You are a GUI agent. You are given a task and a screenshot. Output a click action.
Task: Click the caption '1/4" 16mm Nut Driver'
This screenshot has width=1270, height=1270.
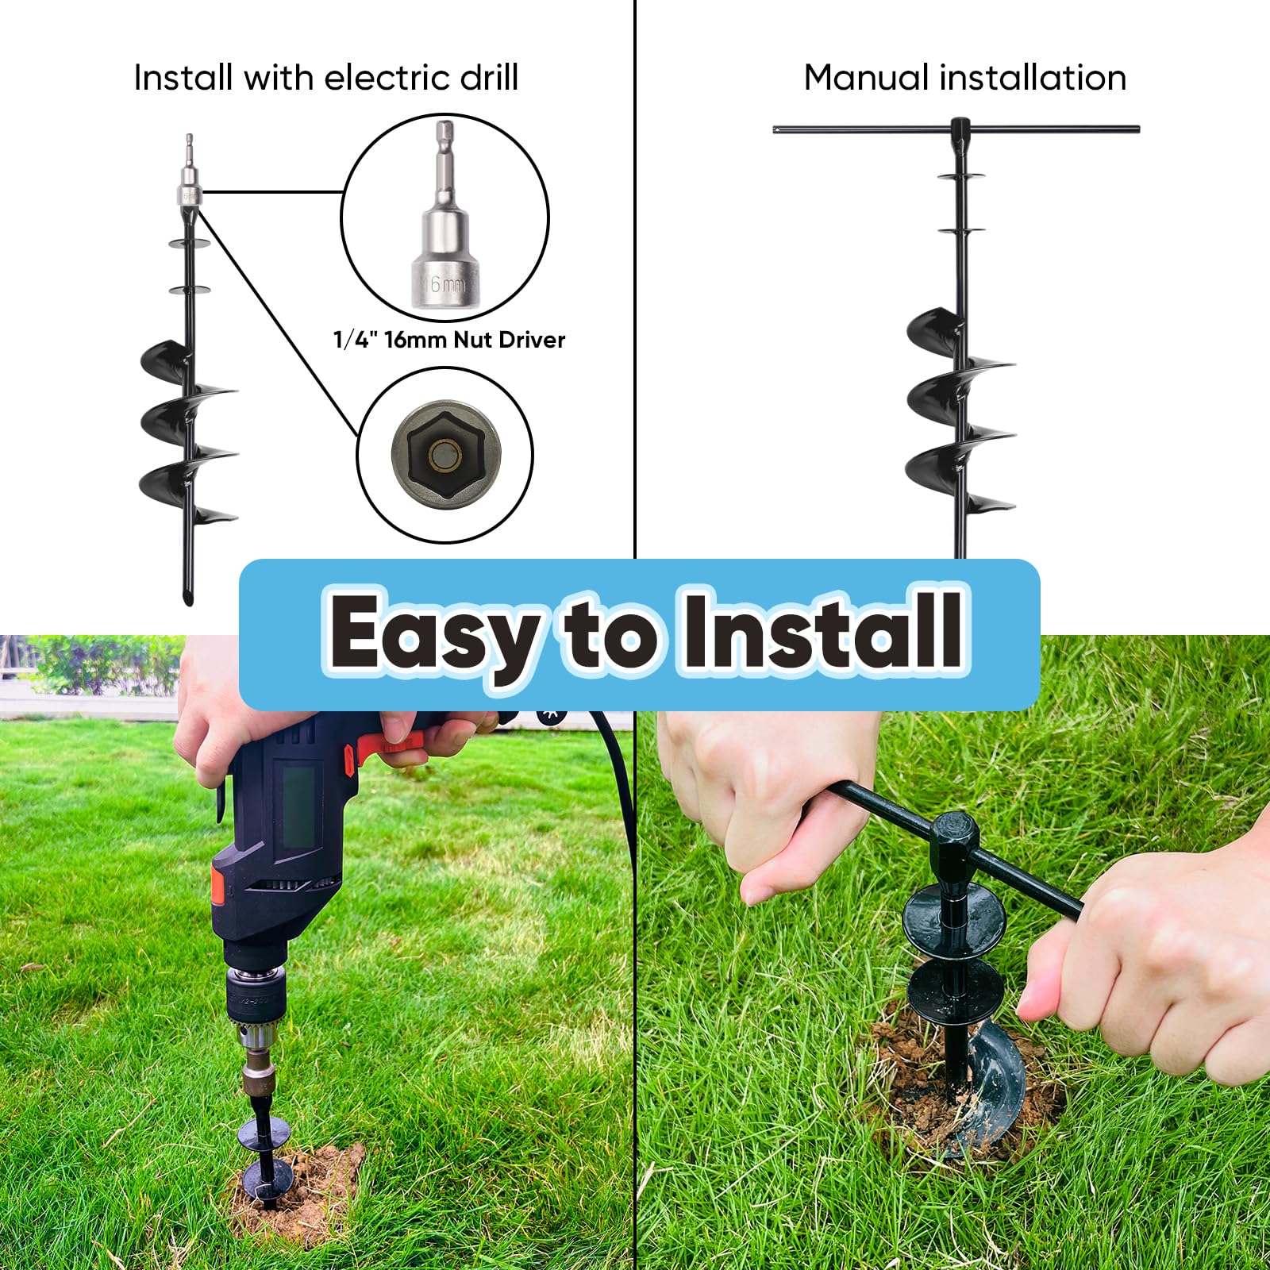click(448, 340)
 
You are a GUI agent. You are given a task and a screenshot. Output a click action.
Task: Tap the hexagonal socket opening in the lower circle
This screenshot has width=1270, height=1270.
click(445, 455)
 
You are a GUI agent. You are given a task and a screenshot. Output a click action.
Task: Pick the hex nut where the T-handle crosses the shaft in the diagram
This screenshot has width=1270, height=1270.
click(960, 128)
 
